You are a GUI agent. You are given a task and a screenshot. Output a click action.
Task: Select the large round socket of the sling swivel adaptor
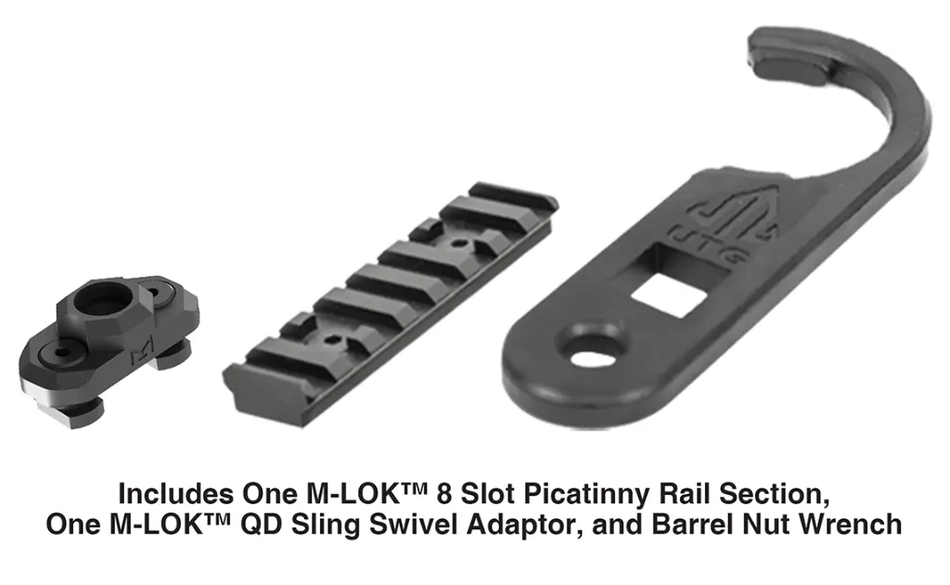[x=104, y=298]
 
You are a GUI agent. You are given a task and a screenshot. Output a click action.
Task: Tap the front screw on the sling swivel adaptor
[x=63, y=351]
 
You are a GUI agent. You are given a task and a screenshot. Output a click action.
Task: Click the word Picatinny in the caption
[x=587, y=494]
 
